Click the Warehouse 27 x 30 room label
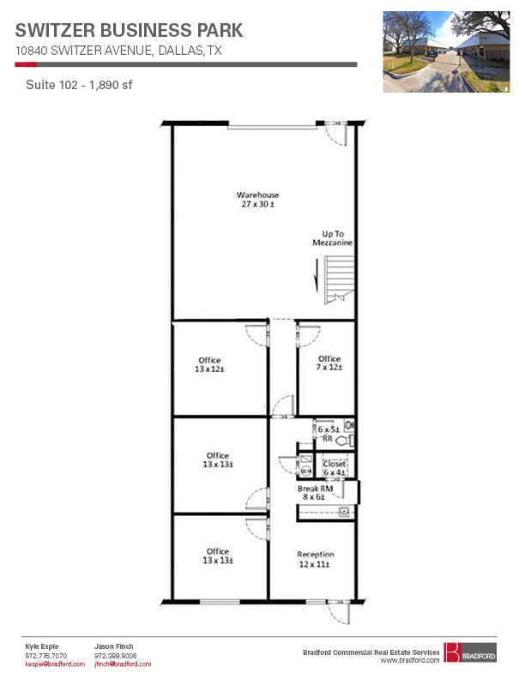click(x=258, y=200)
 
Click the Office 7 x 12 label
click(x=329, y=363)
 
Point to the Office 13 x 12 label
click(x=209, y=364)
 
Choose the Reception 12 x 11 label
click(x=315, y=559)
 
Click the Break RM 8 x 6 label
click(x=314, y=493)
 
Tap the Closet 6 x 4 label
click(x=334, y=468)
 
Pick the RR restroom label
click(x=327, y=439)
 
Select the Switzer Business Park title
click(x=129, y=30)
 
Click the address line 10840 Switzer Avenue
click(x=118, y=51)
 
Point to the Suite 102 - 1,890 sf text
click(x=78, y=85)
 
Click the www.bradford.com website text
click(x=410, y=660)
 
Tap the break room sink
click(x=344, y=512)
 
